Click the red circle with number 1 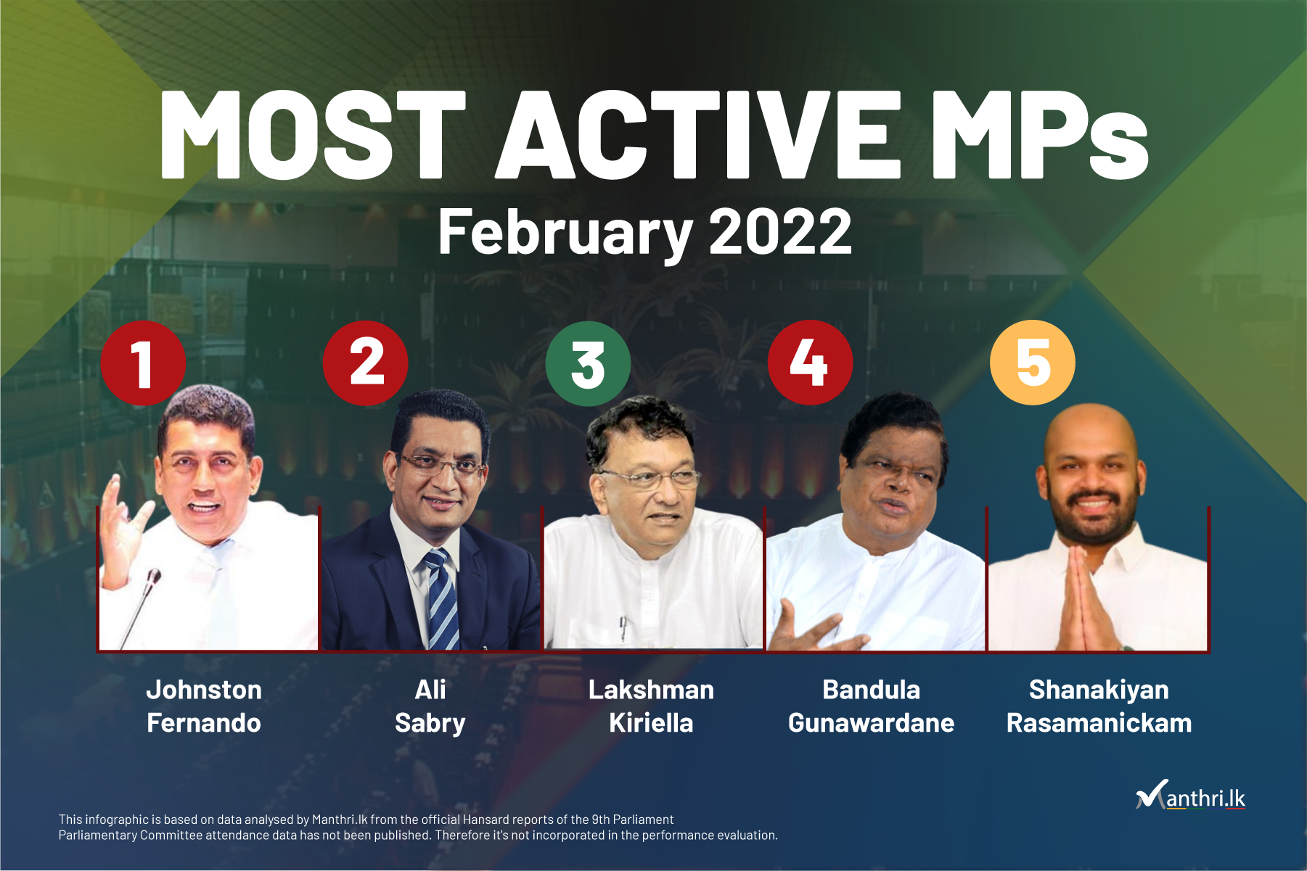(x=143, y=363)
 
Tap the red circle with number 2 (x=366, y=363)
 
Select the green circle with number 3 (x=588, y=363)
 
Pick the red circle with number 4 (x=810, y=363)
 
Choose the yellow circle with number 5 (x=1033, y=363)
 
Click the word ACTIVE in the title (x=697, y=135)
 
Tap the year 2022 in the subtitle (x=780, y=231)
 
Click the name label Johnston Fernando (x=204, y=706)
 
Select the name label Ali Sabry (x=430, y=706)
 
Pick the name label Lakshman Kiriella (x=651, y=706)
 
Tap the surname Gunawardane (x=871, y=723)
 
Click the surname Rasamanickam (x=1099, y=723)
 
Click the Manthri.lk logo (x=1191, y=795)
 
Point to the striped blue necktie (x=442, y=599)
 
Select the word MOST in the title (x=313, y=135)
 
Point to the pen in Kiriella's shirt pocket (x=622, y=628)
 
